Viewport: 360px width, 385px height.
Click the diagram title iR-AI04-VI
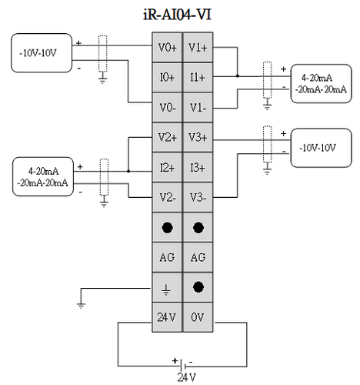(x=177, y=15)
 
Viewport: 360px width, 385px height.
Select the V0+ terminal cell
(x=167, y=47)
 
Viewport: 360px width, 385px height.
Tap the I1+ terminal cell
(x=198, y=77)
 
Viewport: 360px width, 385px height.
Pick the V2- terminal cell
(x=167, y=197)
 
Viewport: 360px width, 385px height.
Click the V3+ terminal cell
(x=198, y=137)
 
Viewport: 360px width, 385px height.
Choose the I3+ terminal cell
(x=198, y=167)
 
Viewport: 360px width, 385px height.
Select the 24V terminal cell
(x=167, y=317)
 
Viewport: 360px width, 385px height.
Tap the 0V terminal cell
(x=198, y=317)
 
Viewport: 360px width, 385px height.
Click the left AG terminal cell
(x=167, y=257)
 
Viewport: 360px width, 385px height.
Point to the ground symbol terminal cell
(x=167, y=287)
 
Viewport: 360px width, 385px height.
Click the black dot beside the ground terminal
(x=198, y=287)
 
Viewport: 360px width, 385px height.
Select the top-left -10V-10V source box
(x=42, y=53)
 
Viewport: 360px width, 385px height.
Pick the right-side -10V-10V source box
(x=321, y=148)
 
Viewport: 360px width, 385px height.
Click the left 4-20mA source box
(x=43, y=176)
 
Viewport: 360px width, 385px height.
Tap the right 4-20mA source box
(x=321, y=84)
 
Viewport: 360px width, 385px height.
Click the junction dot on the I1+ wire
(x=238, y=76)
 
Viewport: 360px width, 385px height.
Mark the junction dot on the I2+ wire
(x=128, y=171)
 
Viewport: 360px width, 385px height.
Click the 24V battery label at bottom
(x=187, y=377)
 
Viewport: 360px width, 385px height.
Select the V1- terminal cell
(x=198, y=107)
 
